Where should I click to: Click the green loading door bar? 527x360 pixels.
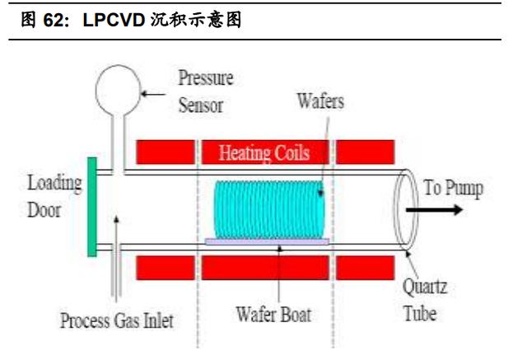point(92,207)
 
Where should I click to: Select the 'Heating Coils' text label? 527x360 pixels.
point(264,153)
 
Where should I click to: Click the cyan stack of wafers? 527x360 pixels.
point(269,209)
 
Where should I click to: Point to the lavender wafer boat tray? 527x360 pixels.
point(267,241)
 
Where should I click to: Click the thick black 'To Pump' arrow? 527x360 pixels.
point(434,210)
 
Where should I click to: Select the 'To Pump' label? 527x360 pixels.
point(454,188)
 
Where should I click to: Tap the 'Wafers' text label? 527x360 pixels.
point(320,101)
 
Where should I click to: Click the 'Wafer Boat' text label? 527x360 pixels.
point(273,315)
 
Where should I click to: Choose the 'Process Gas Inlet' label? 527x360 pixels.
point(117,320)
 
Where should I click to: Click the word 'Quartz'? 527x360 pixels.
point(425,288)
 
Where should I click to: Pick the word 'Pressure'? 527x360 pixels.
point(206,77)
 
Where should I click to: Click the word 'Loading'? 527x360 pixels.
point(54,184)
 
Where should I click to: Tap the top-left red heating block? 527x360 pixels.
point(166,152)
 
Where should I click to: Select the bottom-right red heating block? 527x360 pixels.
point(365,268)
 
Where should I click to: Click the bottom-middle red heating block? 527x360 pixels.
point(265,268)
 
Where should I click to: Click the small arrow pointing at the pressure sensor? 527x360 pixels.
point(153,94)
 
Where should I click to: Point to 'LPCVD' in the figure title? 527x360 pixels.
point(114,20)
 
